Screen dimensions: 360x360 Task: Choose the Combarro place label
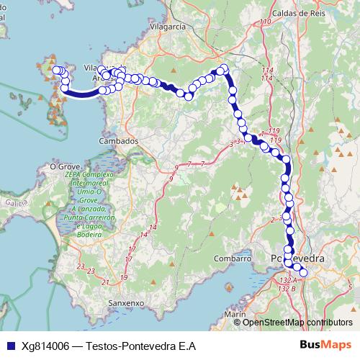(x=232, y=258)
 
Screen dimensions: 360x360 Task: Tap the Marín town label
(x=235, y=315)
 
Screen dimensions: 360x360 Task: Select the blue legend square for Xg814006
(x=9, y=346)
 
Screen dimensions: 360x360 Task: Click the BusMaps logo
(x=325, y=346)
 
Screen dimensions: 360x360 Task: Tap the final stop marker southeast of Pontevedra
(x=303, y=272)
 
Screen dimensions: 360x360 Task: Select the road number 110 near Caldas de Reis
(x=266, y=22)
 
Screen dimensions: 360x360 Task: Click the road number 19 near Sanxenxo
(x=125, y=277)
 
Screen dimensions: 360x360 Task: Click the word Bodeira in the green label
(x=89, y=235)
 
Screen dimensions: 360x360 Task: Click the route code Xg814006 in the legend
(x=45, y=346)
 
